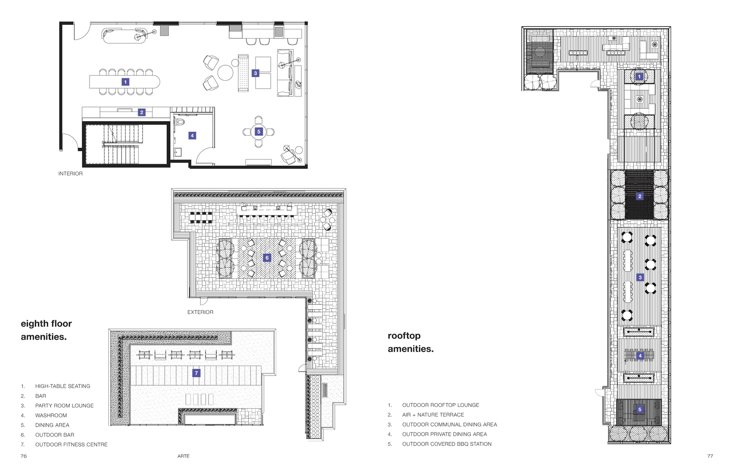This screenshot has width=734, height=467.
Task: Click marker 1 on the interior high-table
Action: coord(125,82)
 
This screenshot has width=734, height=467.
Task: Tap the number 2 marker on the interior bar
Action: coord(142,112)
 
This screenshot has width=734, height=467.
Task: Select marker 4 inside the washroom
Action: coord(192,135)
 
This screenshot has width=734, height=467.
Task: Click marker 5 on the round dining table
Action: coord(259,132)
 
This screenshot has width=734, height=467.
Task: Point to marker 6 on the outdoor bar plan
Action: coord(267,258)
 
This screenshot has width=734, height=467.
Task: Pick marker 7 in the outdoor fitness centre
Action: coord(196,373)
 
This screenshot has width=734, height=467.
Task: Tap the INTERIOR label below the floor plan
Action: coord(71,174)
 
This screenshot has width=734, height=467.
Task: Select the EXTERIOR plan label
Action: coord(200,312)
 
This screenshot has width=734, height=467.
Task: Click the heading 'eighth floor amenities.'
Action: coord(46,330)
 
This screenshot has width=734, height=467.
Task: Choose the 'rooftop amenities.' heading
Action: coord(411,342)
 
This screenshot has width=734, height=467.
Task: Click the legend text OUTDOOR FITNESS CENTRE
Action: coord(72,445)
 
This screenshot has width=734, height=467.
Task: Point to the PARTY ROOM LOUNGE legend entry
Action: coord(65,406)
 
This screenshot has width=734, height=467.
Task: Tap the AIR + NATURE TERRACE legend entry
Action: coord(433,415)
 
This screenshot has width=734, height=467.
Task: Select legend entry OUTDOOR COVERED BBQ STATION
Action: coord(447,444)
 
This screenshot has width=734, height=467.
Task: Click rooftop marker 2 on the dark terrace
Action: coord(639,196)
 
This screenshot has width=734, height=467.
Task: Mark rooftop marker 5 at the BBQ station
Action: coord(639,409)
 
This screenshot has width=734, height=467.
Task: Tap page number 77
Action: coord(710,456)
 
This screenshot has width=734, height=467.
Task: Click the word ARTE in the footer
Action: coord(183,456)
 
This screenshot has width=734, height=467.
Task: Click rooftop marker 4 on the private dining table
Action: coord(640,356)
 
